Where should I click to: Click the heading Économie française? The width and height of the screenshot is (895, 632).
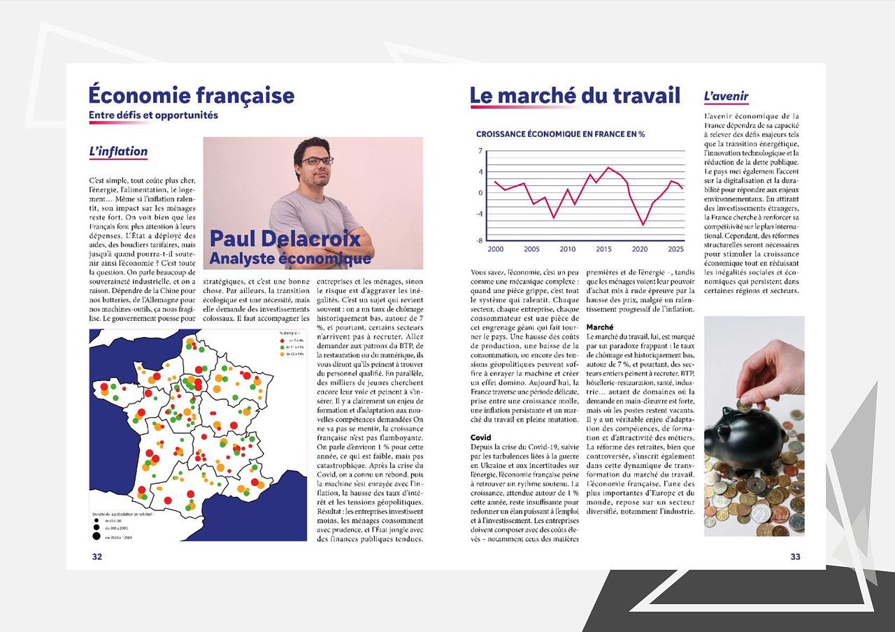click(191, 95)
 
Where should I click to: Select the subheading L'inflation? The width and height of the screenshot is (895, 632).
click(118, 151)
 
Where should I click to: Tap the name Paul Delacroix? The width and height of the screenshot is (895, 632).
click(285, 238)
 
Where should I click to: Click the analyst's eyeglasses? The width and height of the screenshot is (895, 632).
click(317, 160)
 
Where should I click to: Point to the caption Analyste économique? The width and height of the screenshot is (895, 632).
click(290, 259)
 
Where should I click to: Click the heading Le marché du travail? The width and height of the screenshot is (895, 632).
click(575, 95)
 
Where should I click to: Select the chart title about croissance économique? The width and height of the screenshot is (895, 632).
click(560, 134)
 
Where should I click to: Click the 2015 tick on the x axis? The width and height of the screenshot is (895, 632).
click(603, 249)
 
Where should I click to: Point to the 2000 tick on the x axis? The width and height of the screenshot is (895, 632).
click(495, 249)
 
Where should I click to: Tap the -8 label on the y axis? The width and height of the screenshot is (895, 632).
click(480, 240)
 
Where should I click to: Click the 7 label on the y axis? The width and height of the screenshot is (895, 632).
click(480, 151)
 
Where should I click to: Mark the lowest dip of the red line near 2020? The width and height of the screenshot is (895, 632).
click(643, 224)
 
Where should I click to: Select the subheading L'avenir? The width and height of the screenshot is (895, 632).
click(726, 96)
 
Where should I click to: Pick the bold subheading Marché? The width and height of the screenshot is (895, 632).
click(600, 327)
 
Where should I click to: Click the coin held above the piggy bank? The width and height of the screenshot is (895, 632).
click(745, 405)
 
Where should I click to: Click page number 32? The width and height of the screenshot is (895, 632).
click(96, 556)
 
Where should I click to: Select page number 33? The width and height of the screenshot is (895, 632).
click(795, 556)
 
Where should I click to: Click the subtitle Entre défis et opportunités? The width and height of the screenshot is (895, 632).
click(153, 115)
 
